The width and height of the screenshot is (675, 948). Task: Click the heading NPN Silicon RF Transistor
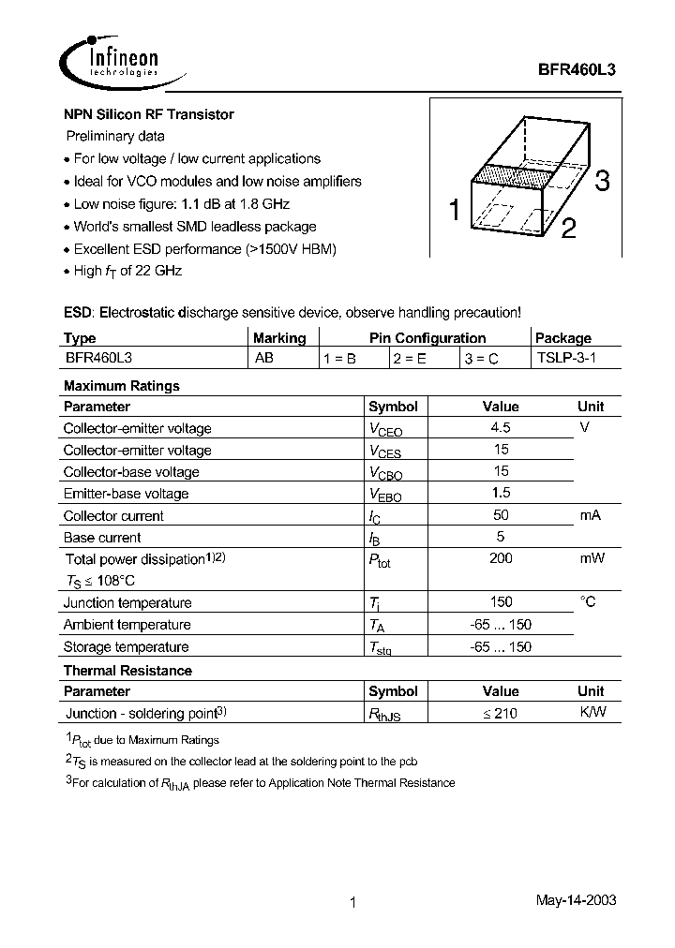tap(148, 114)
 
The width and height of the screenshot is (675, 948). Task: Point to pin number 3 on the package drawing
tap(602, 182)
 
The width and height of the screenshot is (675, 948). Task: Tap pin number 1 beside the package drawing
tap(454, 212)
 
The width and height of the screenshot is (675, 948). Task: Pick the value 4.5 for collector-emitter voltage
tap(501, 428)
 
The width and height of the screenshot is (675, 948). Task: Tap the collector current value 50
tap(501, 515)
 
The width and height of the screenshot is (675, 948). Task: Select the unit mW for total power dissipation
tap(591, 558)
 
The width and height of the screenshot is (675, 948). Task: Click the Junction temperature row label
tap(127, 603)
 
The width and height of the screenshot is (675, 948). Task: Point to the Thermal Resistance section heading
tap(127, 671)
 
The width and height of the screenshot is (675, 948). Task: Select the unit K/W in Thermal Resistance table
tap(592, 713)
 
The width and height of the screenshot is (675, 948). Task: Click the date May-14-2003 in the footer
tap(576, 900)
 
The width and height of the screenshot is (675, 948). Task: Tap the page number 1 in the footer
tap(352, 903)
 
